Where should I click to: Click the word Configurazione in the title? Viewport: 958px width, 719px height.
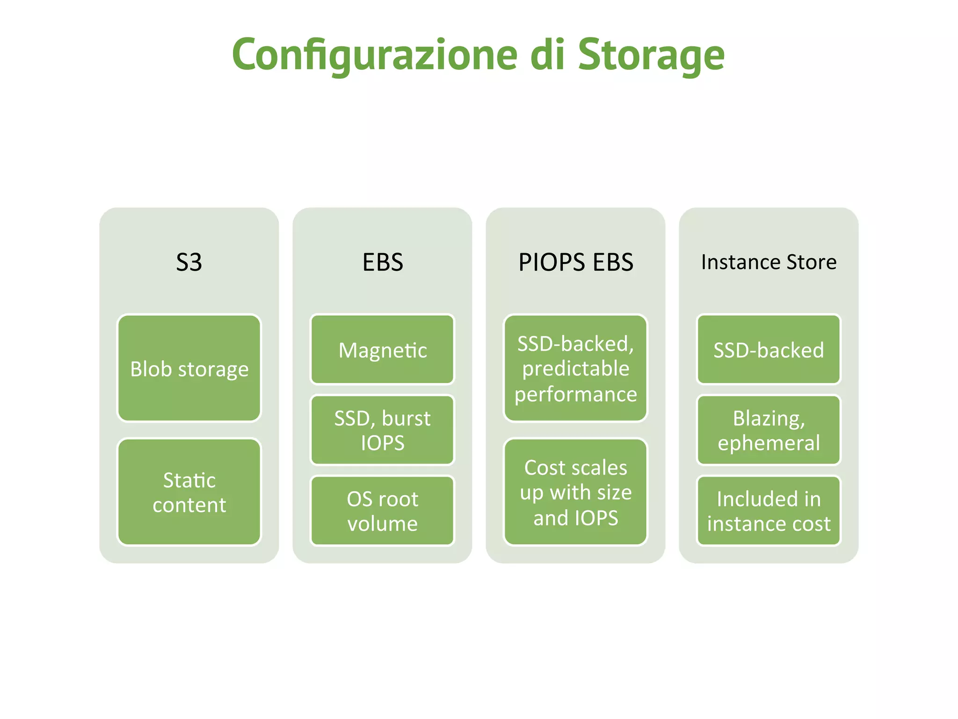374,55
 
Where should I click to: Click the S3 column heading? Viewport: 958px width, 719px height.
189,262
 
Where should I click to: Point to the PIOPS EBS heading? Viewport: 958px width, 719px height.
575,262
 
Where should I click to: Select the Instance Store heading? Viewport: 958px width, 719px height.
769,262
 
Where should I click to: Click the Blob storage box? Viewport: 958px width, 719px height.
189,368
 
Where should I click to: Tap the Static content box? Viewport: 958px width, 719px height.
189,492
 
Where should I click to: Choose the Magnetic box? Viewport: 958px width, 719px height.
382,350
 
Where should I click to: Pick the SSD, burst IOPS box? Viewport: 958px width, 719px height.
382,430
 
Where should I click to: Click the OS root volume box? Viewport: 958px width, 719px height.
382,511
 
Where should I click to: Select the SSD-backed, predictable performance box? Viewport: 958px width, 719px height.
575,368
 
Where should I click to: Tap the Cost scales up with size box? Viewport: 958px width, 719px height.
575,492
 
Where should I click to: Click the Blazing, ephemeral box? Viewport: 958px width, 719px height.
769,430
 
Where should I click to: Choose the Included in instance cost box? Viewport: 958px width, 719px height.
769,511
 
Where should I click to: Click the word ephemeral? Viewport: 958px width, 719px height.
769,443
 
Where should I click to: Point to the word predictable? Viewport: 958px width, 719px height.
575,369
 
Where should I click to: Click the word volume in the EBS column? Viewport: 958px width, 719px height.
382,523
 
